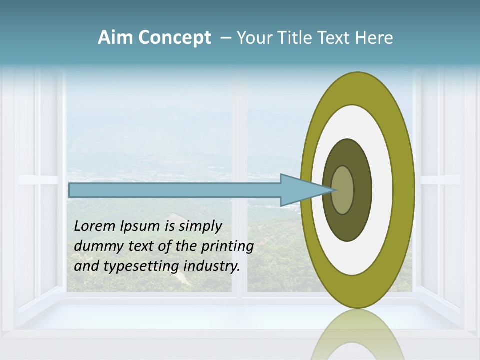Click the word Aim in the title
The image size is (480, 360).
(114, 38)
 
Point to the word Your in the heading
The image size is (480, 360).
(255, 38)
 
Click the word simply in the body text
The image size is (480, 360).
(200, 226)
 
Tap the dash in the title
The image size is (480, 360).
(226, 38)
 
